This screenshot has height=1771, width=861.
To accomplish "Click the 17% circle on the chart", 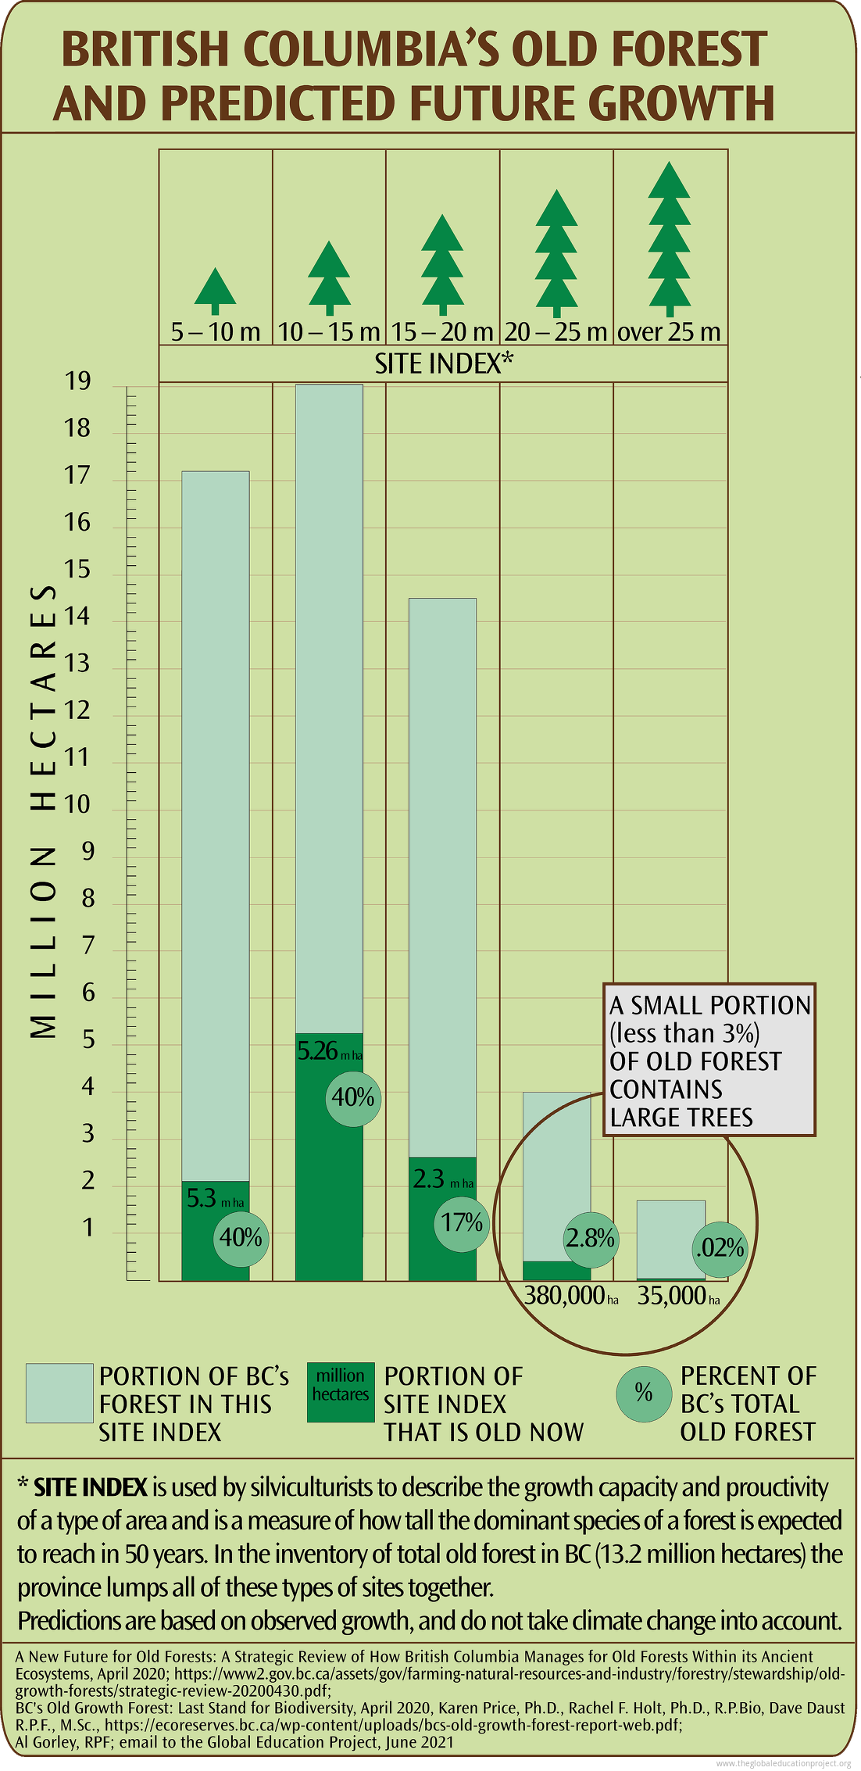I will pos(462,1222).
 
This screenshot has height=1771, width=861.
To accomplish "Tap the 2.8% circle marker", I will pos(591,1239).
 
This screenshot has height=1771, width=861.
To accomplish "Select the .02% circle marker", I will pos(720,1248).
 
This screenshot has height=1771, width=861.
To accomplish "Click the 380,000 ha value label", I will pos(571,1297).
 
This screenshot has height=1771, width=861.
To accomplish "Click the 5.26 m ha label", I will pos(329,1051).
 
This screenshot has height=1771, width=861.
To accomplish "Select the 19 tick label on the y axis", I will pos(77,382).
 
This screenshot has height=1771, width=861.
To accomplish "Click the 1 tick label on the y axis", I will pos(88,1228).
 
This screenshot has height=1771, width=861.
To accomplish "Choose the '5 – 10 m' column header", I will pos(216,332).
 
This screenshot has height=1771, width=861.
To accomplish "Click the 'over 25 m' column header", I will pos(670,332).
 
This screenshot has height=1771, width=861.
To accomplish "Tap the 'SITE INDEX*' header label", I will pos(444,364).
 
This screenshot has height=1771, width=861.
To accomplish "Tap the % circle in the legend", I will pos(643,1392).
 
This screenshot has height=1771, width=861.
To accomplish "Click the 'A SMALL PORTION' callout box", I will pos(709,1060).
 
